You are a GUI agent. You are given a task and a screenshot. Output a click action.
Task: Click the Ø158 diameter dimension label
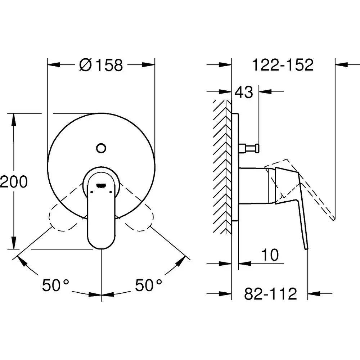coord(101,65)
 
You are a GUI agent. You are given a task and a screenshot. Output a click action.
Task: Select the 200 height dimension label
coord(14,181)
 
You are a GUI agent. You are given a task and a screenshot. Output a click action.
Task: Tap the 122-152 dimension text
coord(283,65)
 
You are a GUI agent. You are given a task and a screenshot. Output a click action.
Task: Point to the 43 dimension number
coord(244,92)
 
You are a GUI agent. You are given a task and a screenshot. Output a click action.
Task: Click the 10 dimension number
coord(270,255)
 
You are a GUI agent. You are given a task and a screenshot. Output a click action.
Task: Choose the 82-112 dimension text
coord(270,293)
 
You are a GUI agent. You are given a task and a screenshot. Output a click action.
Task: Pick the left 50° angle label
coord(55,285)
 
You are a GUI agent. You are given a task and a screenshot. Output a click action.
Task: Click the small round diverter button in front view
coord(101,148)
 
